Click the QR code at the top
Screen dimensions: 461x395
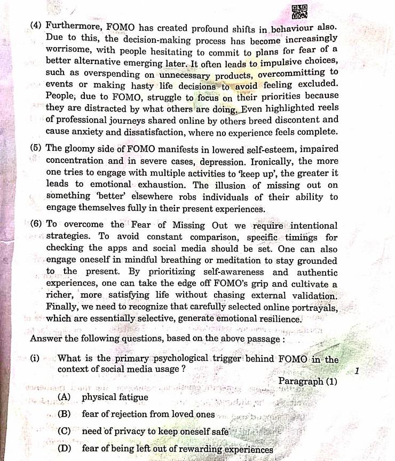(299, 12)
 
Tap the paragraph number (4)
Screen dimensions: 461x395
(37, 25)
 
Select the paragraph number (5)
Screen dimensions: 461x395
(37, 149)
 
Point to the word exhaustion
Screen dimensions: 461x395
(155, 185)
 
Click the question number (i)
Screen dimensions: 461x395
(35, 359)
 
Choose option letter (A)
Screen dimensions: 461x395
(65, 397)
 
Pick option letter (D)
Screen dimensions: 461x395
(65, 449)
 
